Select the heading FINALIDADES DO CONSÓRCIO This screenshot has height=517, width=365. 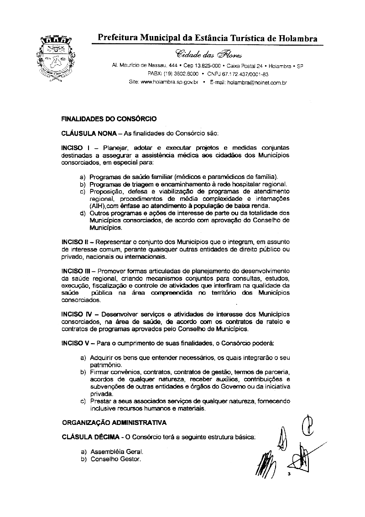coord(109,119)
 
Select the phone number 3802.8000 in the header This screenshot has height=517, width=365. coord(185,74)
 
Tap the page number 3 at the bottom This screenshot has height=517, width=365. coord(289,475)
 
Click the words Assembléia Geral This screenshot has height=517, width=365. coord(111,451)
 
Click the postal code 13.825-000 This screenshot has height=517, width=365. coord(205,66)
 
